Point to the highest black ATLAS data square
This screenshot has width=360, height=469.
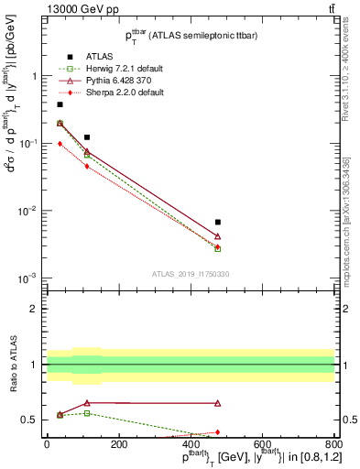tap(60, 104)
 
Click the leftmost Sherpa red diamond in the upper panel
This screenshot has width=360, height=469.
tap(60, 144)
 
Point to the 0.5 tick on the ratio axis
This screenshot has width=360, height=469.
tap(35, 420)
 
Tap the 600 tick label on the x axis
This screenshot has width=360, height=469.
tap(262, 444)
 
